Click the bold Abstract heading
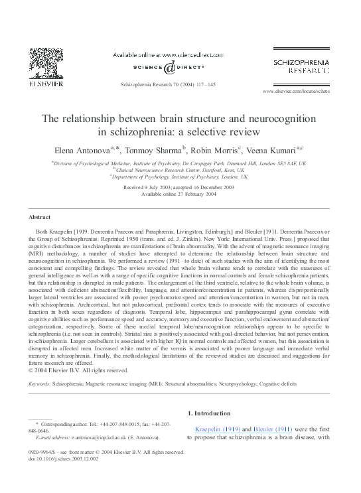pos(40,217)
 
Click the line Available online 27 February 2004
pos(180,194)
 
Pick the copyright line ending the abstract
pos(79,370)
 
